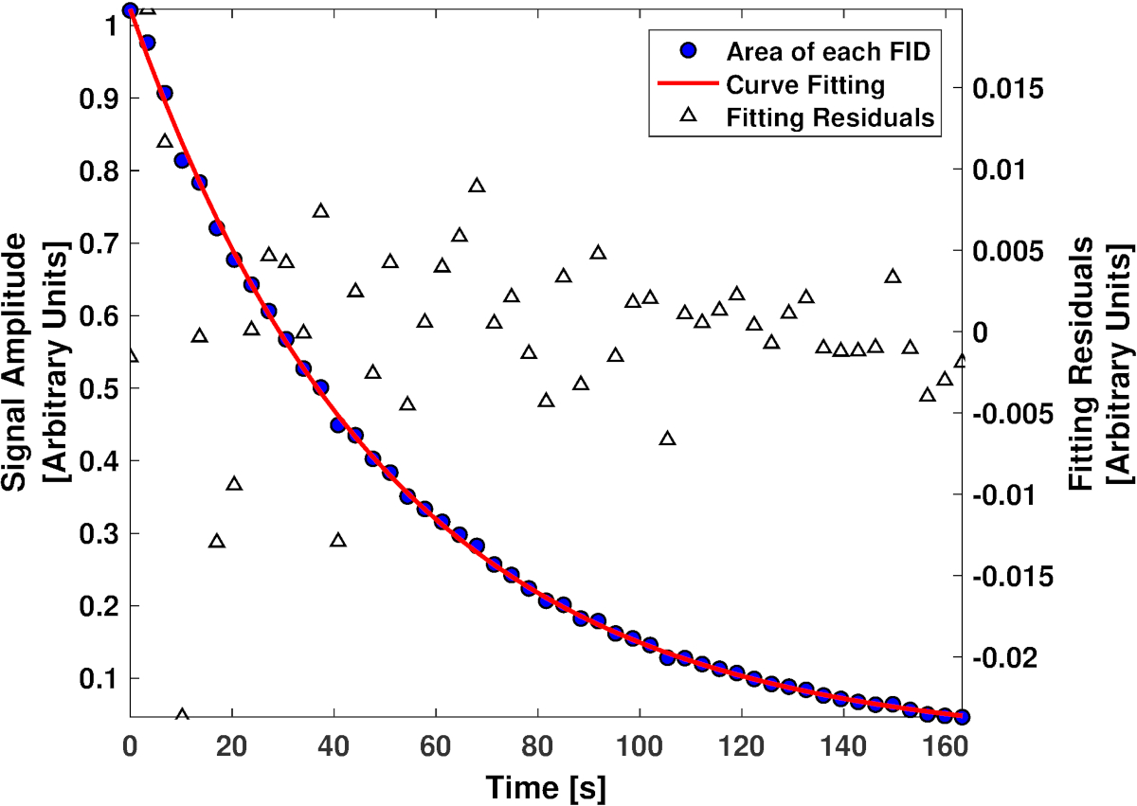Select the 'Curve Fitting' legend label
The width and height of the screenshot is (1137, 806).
coord(805,84)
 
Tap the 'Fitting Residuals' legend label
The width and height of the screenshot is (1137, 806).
coord(831,118)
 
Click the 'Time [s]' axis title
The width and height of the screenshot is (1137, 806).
coord(546,786)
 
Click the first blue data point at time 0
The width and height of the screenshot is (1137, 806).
coord(131,10)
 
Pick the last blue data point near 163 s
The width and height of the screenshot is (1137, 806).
coord(962,716)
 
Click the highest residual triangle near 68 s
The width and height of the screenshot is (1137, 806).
coord(477,186)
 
